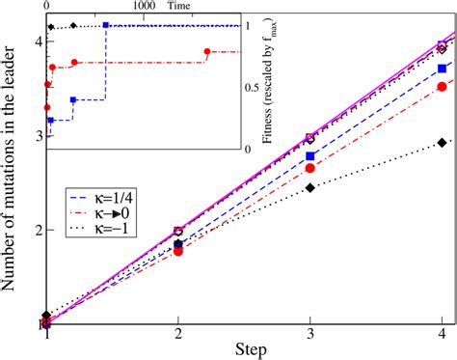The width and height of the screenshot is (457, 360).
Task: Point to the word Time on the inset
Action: (x=178, y=6)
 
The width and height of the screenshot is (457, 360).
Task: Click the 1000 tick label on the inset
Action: (x=143, y=6)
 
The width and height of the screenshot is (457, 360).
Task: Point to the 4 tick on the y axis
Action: (x=36, y=42)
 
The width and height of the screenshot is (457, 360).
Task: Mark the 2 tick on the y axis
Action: (x=36, y=230)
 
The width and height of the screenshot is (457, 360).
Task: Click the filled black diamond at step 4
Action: (x=442, y=143)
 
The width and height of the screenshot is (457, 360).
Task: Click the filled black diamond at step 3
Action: (x=309, y=187)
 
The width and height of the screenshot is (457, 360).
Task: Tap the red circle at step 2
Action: (x=177, y=251)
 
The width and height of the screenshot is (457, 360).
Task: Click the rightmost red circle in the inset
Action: (x=207, y=52)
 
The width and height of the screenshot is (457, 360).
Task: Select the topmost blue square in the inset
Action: (x=105, y=25)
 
